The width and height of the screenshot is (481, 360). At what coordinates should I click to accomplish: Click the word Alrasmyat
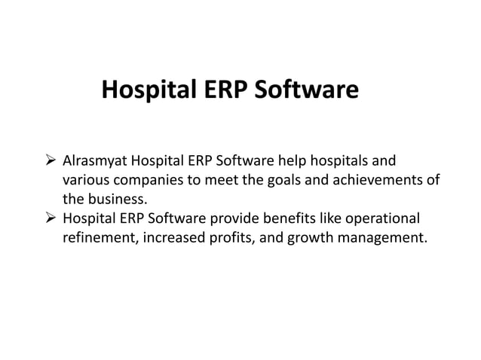point(94,162)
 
